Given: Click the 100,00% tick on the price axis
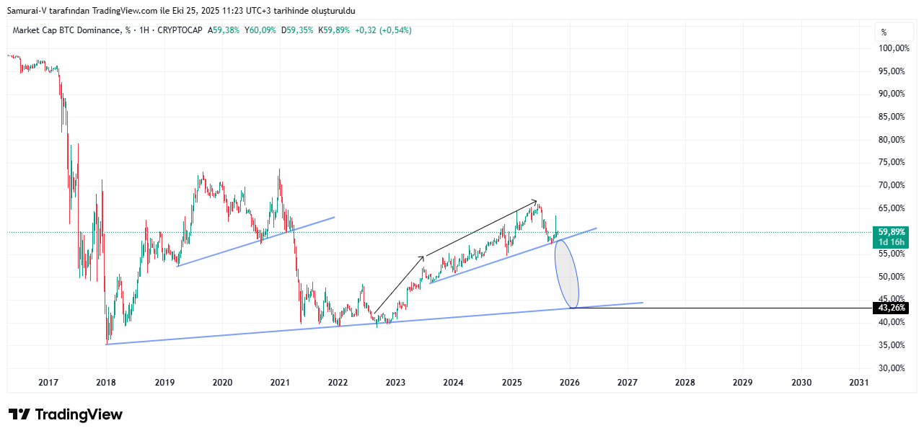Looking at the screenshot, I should point(892,48).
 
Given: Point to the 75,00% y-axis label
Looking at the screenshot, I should point(892,162).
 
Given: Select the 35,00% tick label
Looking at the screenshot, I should point(892,345).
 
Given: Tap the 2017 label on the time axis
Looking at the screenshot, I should point(48,382).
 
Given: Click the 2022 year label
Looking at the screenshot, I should point(338,382).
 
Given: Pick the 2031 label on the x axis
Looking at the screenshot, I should point(859,382).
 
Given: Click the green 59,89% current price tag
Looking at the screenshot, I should point(891,232).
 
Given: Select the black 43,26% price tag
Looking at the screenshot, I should point(891,308).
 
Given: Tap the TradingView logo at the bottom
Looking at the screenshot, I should point(66,414).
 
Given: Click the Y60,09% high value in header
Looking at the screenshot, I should point(260,30).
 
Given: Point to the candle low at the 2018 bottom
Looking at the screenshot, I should point(107,342).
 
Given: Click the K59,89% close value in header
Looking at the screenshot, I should point(334,30).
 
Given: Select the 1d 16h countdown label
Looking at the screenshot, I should point(891,242).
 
